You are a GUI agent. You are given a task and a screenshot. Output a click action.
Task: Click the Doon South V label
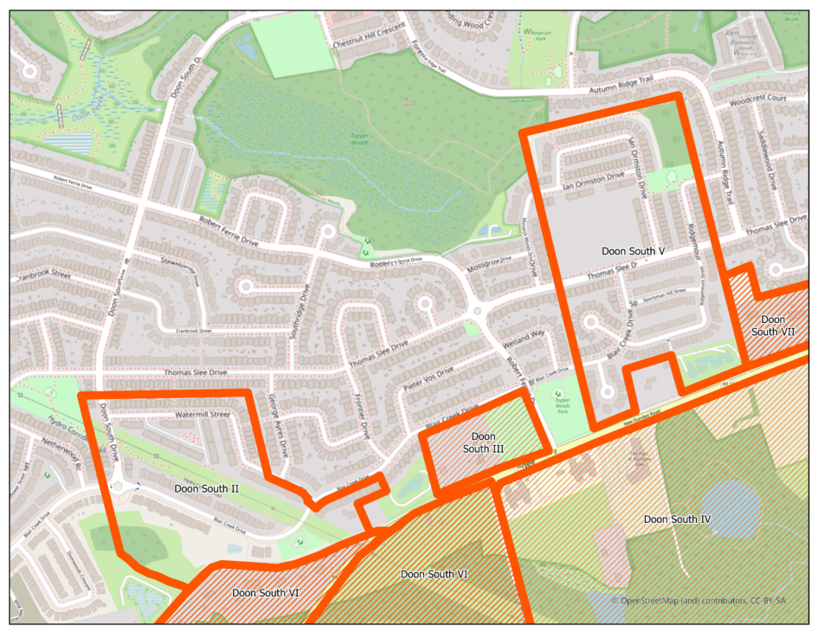tap(632, 251)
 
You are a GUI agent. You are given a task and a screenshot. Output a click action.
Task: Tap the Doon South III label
tap(479, 442)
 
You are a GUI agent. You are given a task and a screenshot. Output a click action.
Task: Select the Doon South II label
tap(207, 489)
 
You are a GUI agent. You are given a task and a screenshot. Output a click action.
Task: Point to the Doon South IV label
tap(677, 519)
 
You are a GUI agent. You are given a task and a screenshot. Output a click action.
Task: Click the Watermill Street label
tap(202, 415)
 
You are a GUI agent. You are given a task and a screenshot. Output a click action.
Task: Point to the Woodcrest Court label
tap(757, 100)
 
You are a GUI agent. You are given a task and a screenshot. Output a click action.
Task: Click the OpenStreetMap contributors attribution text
tap(699, 600)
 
